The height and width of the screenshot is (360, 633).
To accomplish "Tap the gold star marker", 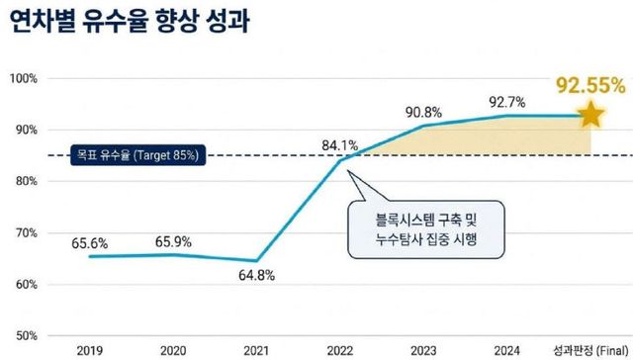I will click(590, 115).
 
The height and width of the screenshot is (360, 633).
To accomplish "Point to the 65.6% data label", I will click(90, 241).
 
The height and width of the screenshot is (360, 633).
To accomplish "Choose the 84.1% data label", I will click(340, 146).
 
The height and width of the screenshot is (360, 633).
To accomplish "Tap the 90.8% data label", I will click(423, 111).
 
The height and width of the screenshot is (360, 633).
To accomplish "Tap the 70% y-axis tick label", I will click(26, 233).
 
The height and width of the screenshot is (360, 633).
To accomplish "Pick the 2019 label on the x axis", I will click(91, 350).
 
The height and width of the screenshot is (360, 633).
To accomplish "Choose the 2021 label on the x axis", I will click(257, 350).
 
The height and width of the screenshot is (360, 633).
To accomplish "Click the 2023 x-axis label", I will click(423, 350).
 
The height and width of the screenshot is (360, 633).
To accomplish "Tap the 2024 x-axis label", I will click(507, 350).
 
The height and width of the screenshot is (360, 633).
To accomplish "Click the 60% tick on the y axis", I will click(26, 285).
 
